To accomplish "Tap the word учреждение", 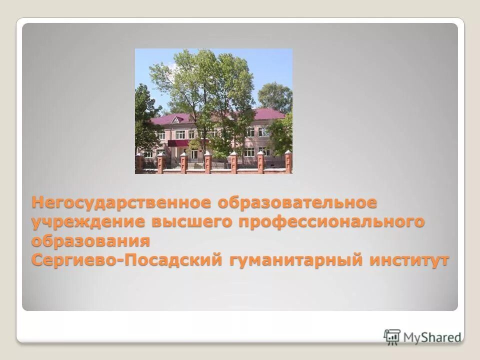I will coord(84,222).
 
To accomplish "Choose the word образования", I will coord(91,241).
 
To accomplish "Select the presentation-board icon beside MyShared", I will coord(392,336).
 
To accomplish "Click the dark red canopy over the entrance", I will coord(178,143).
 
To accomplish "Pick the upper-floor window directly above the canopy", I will coord(178,133).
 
